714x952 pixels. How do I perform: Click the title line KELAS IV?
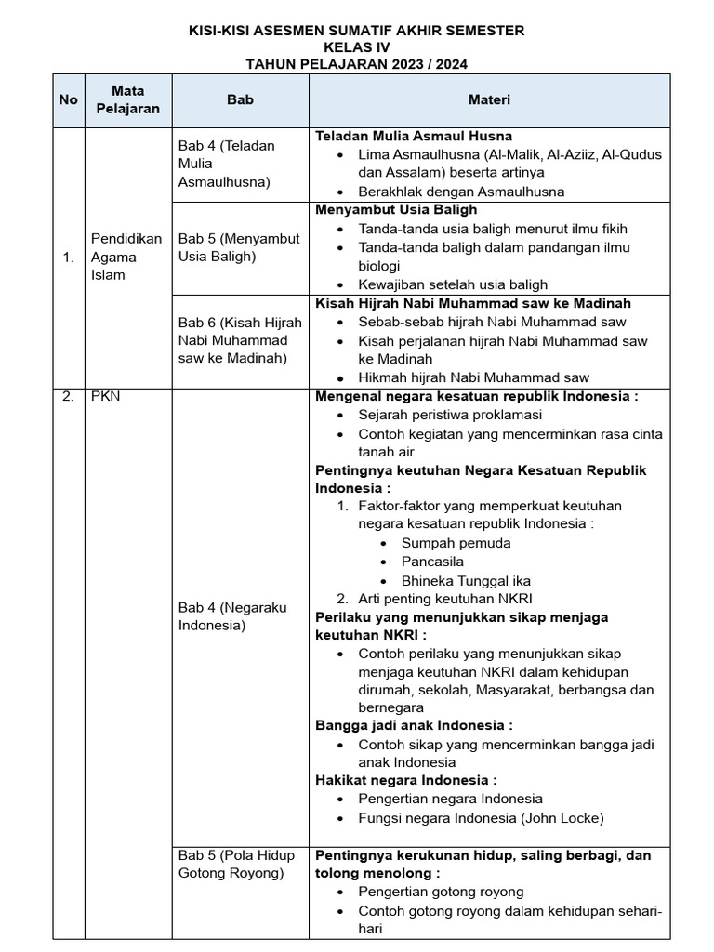click(x=356, y=47)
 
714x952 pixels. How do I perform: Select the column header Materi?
click(x=488, y=99)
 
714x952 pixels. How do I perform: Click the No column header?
click(x=68, y=99)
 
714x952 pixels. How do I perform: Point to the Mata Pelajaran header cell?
click(x=127, y=99)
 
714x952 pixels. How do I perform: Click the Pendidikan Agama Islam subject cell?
click(x=126, y=257)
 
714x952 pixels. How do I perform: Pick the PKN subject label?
click(x=107, y=396)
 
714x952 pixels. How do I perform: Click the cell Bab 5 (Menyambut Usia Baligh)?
click(x=239, y=247)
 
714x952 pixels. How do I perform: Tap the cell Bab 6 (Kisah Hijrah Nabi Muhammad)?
click(x=239, y=340)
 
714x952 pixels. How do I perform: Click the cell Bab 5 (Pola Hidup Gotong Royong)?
click(x=236, y=864)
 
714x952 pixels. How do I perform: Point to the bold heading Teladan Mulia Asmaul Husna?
click(x=414, y=136)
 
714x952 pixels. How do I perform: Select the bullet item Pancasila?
click(x=432, y=562)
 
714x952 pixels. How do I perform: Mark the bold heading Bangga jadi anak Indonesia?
click(x=414, y=725)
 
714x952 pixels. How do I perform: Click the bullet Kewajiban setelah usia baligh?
click(x=453, y=284)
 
